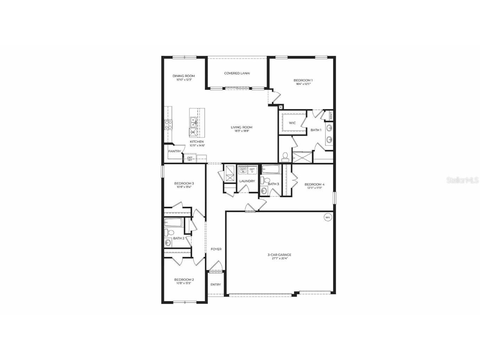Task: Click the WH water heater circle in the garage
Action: pyautogui.click(x=327, y=217)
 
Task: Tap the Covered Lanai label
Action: pyautogui.click(x=237, y=73)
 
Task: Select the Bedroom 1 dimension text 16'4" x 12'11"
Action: pyautogui.click(x=303, y=84)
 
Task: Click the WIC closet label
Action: pyautogui.click(x=292, y=123)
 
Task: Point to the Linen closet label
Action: pyautogui.click(x=331, y=115)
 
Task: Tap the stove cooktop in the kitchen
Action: pyautogui.click(x=168, y=125)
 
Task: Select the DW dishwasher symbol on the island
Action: pyautogui.click(x=193, y=132)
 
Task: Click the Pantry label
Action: pyautogui.click(x=174, y=151)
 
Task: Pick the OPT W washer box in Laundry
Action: pyautogui.click(x=243, y=171)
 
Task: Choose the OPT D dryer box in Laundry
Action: pyautogui.click(x=252, y=171)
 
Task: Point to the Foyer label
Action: pyautogui.click(x=216, y=249)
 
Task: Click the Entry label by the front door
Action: pyautogui.click(x=215, y=284)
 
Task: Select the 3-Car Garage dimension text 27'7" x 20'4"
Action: pyautogui.click(x=279, y=258)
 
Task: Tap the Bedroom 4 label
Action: pyautogui.click(x=314, y=184)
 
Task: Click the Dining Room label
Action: pyautogui.click(x=183, y=76)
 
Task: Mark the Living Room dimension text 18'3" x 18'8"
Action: pyautogui.click(x=241, y=131)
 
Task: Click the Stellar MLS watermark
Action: pyautogui.click(x=462, y=180)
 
